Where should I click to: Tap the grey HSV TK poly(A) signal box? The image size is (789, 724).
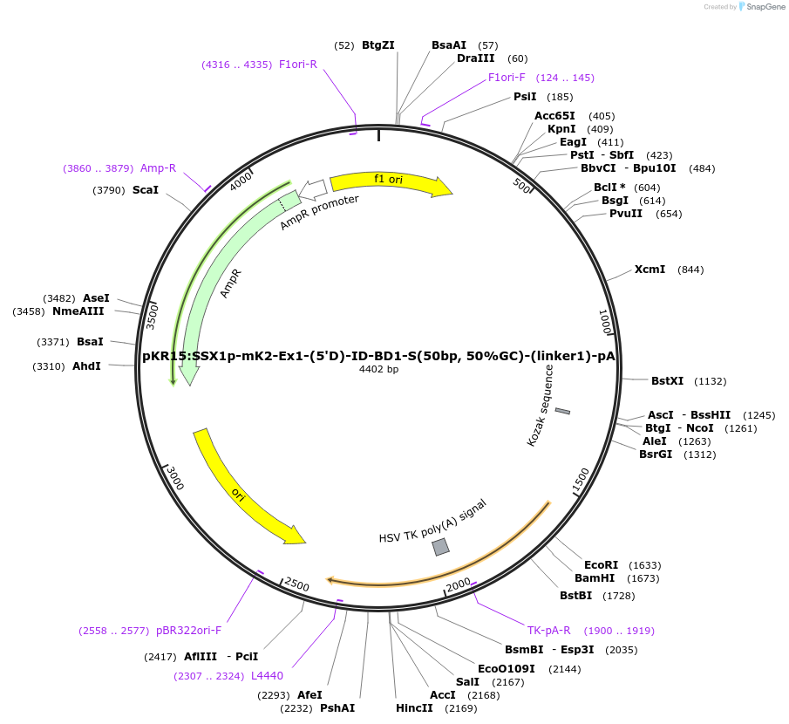point(440,547)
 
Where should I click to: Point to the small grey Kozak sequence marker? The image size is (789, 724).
point(562,411)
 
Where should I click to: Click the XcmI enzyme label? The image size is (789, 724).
point(650,270)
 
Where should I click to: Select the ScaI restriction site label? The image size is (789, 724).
point(146,190)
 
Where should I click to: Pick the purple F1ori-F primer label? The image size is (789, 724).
point(507,78)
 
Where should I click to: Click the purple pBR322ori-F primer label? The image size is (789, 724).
point(189,631)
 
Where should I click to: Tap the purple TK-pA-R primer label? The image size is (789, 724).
point(548,631)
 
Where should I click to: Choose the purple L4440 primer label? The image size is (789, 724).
point(267,676)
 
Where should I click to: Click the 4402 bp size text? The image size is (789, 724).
point(378,370)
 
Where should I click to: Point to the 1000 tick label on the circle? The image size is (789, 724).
point(606,321)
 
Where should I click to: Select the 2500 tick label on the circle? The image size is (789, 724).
point(296,584)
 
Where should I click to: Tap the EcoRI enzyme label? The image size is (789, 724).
point(601,565)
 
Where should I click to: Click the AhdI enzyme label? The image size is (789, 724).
point(86,366)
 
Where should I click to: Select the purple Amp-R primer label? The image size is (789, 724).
point(158,168)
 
